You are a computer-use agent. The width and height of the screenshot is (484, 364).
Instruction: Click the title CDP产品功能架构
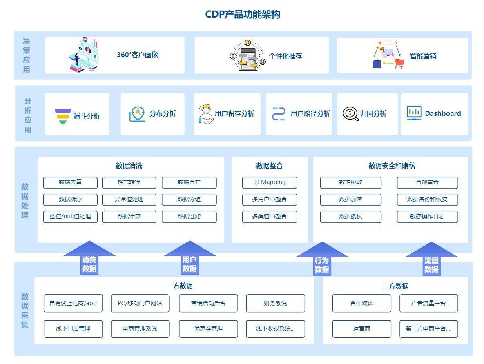click(x=242, y=15)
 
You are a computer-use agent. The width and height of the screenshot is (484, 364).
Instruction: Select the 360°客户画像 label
click(x=137, y=55)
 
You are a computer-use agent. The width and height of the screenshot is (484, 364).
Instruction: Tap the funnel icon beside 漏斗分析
click(x=62, y=116)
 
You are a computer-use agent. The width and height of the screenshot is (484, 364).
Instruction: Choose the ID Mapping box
click(x=269, y=182)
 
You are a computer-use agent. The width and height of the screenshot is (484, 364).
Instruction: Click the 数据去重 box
click(x=70, y=182)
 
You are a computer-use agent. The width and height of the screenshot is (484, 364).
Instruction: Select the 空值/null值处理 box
click(x=70, y=217)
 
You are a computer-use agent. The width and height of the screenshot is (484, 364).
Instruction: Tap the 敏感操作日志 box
click(x=427, y=217)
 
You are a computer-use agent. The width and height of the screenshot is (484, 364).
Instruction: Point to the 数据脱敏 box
click(x=350, y=182)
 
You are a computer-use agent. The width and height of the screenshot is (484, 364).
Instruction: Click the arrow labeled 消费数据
click(x=89, y=259)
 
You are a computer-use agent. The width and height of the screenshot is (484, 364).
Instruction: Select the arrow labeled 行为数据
click(x=322, y=260)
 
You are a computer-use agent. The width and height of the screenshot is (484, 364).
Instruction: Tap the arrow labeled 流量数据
click(x=431, y=260)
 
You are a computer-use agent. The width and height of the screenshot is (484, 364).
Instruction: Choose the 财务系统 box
click(x=275, y=303)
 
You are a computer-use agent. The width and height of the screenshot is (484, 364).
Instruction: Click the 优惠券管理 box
click(x=208, y=329)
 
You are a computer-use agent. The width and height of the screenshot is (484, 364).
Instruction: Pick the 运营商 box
click(x=361, y=329)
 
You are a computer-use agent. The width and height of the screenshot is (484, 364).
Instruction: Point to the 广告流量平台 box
click(x=428, y=303)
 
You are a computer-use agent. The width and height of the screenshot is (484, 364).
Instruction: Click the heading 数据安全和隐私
click(x=392, y=166)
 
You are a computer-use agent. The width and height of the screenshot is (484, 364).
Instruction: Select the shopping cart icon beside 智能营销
click(x=399, y=63)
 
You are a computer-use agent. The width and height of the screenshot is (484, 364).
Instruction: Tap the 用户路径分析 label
click(x=310, y=114)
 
